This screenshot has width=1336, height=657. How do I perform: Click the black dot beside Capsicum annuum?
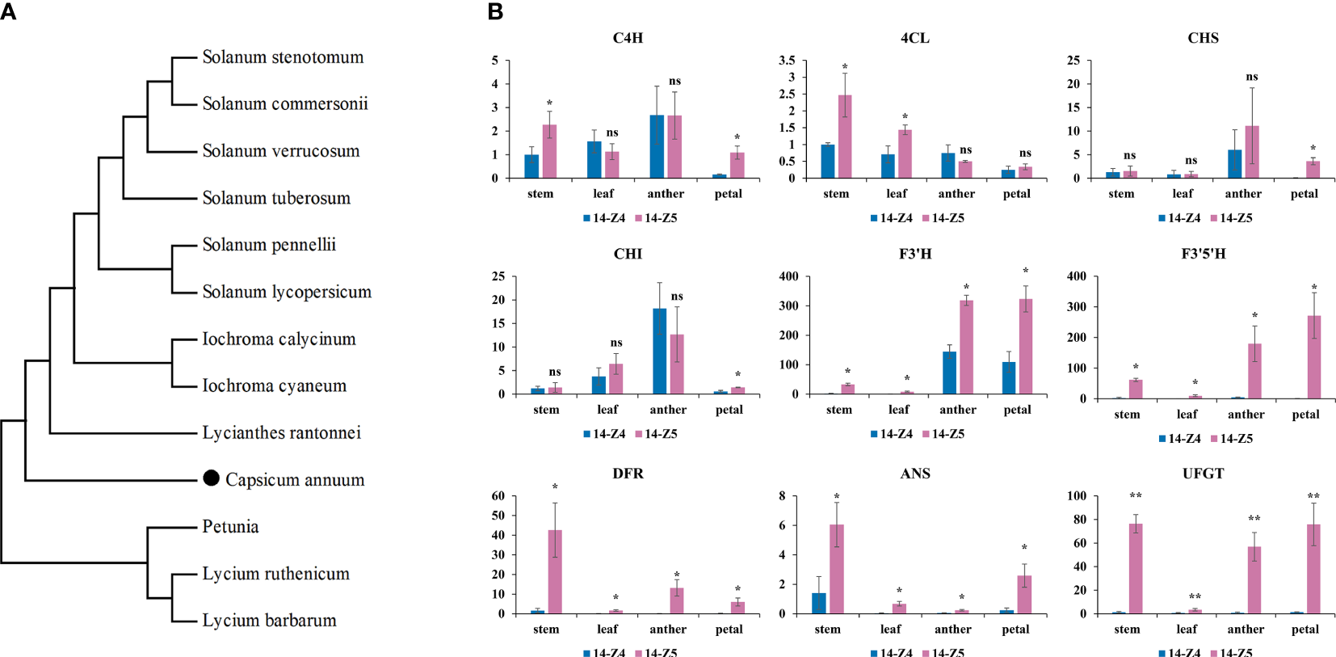pos(211,478)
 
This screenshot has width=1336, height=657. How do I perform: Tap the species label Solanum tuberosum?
pos(276,198)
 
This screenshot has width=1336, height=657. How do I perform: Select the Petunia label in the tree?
pos(230,527)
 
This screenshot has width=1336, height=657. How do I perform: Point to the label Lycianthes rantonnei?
pos(281,433)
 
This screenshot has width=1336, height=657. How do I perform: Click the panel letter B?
pos(495,12)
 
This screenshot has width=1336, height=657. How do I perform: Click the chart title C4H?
pos(628,38)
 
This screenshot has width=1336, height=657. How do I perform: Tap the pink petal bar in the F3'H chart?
pos(1026,347)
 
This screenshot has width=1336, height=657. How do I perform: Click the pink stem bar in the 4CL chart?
pos(845,137)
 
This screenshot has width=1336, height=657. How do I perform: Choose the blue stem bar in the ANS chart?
pos(819,603)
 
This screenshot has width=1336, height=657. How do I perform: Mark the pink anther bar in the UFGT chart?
pos(1254,580)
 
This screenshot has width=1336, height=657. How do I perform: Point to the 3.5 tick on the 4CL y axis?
pos(787,61)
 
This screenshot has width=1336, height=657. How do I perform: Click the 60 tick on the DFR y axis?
pos(498,496)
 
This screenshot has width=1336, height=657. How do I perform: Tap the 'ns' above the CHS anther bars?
pos(1252,77)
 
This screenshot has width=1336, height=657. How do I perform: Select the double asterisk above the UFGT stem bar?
pos(1136,496)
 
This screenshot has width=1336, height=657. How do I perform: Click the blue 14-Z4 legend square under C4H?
pos(587,218)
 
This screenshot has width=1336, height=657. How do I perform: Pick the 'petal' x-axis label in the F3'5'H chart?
pos(1305,415)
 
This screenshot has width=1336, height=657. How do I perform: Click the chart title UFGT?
pos(1203,474)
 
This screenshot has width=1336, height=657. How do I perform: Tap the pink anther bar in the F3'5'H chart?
pos(1254,371)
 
